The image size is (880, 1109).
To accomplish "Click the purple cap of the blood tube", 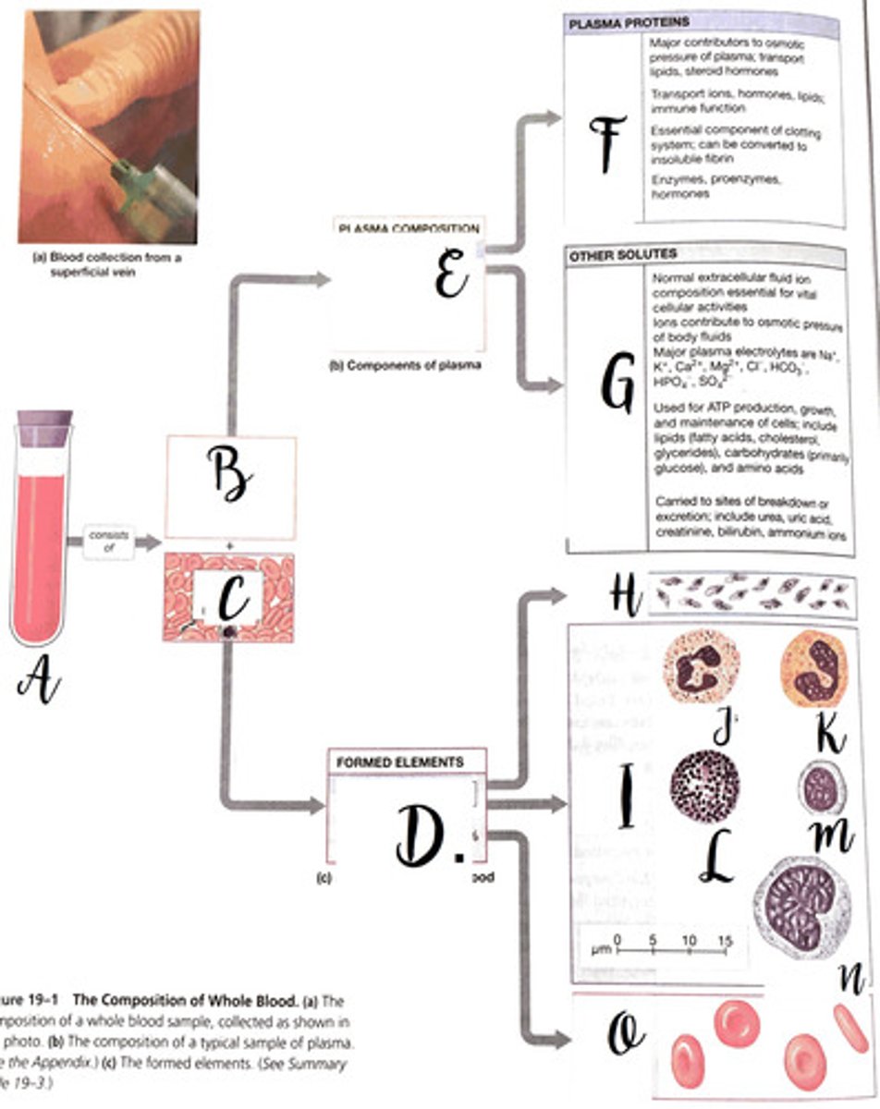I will click(43, 429).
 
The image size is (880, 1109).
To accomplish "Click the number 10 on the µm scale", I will click(690, 940).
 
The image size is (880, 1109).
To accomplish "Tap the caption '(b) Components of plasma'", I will click(406, 364).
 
